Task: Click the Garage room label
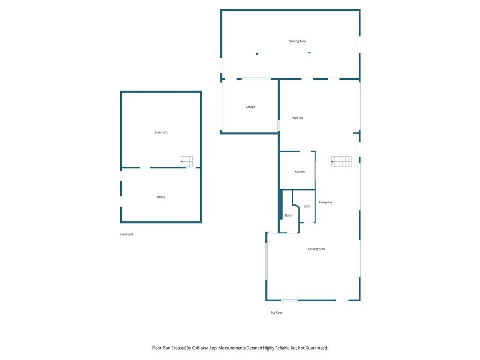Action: pyautogui.click(x=250, y=107)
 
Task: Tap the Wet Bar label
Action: pyautogui.click(x=298, y=118)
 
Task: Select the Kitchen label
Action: pyautogui.click(x=300, y=172)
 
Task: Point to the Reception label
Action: pyautogui.click(x=325, y=202)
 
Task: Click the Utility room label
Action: pyautogui.click(x=161, y=197)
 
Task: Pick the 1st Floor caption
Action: pyautogui.click(x=277, y=313)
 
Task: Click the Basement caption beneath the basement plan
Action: pyautogui.click(x=126, y=234)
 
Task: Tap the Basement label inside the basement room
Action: pyautogui.click(x=161, y=132)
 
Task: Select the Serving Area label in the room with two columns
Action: pyautogui.click(x=297, y=41)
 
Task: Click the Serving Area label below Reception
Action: pyautogui.click(x=316, y=249)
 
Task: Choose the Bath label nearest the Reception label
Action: pyautogui.click(x=307, y=206)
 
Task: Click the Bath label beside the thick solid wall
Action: pyautogui.click(x=288, y=216)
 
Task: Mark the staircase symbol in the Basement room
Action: pyautogui.click(x=187, y=162)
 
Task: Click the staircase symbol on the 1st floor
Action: pyautogui.click(x=341, y=162)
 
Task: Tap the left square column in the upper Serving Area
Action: pyautogui.click(x=257, y=54)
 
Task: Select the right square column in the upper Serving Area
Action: pyautogui.click(x=309, y=52)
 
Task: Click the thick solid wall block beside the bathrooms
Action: pyautogui.click(x=280, y=204)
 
